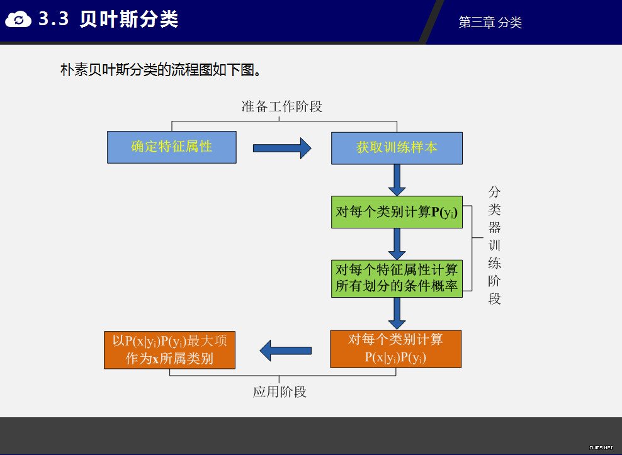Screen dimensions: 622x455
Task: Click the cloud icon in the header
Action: pos(18,19)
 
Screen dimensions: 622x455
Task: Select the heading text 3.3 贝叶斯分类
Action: pos(108,19)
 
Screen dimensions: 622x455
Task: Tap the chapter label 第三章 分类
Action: pos(490,22)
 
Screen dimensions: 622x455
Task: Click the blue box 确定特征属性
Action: pos(172,147)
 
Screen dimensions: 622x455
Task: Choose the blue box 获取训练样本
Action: pos(397,148)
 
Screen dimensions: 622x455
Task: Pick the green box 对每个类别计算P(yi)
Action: pos(397,212)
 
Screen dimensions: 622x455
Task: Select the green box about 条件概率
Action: pos(397,278)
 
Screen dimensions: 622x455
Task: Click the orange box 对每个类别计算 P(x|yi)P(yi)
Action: pos(396,349)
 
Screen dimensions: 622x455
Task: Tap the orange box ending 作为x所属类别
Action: pos(170,350)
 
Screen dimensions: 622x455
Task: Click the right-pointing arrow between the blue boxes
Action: pos(282,148)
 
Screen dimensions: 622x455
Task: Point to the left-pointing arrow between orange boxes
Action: pos(286,351)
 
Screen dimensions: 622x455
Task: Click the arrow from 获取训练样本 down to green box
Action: pos(397,180)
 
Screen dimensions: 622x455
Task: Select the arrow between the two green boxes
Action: pos(397,244)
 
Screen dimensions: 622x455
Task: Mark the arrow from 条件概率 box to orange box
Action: pos(397,313)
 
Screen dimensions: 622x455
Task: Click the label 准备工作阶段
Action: pos(282,106)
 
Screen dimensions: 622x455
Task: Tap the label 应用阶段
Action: pos(280,392)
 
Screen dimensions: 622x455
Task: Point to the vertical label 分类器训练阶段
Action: pos(494,245)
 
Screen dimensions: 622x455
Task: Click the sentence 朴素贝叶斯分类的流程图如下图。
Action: pos(161,70)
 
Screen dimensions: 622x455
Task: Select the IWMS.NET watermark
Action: pos(601,447)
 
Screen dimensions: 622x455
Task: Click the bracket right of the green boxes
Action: pos(472,249)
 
